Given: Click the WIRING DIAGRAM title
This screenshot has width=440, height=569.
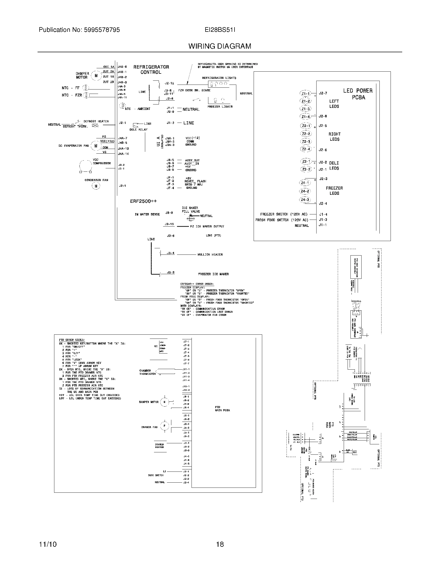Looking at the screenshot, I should [x=220, y=46].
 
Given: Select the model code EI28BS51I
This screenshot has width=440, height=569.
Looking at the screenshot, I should [x=220, y=30].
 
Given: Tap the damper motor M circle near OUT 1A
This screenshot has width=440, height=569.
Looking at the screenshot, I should [x=96, y=76].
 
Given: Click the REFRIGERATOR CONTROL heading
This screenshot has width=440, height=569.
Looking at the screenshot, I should [x=151, y=70].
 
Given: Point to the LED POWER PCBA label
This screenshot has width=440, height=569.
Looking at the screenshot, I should [x=358, y=94].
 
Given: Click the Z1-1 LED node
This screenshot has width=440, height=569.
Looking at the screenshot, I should [x=306, y=94].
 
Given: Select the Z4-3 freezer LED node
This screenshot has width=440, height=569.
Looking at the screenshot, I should [x=305, y=200].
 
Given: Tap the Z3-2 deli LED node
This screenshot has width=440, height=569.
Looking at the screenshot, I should [x=306, y=169].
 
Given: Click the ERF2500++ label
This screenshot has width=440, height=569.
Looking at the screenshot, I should [x=143, y=201].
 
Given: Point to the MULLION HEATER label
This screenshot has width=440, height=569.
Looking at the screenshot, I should [x=210, y=254].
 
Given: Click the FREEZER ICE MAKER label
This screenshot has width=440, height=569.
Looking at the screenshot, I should [x=213, y=274].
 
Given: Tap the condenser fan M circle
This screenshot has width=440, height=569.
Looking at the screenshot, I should [x=96, y=186].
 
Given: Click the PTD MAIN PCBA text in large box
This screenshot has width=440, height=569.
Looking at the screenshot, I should [x=222, y=408].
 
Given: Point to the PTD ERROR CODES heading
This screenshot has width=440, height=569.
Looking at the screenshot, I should [x=72, y=340].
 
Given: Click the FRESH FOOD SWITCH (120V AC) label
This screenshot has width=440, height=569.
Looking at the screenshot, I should [x=282, y=220].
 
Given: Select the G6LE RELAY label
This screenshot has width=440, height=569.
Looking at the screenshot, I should [x=138, y=130].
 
